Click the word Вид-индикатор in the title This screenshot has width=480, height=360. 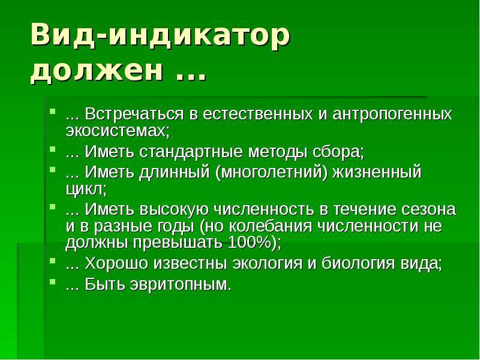[160, 35]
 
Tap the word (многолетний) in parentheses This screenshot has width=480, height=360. [272, 172]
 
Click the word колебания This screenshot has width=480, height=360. [271, 227]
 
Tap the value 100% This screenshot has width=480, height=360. [250, 243]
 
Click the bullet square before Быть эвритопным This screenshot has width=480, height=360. [53, 281]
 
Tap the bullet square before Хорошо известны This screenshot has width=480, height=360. [53, 260]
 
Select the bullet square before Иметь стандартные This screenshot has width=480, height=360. [53, 149]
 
